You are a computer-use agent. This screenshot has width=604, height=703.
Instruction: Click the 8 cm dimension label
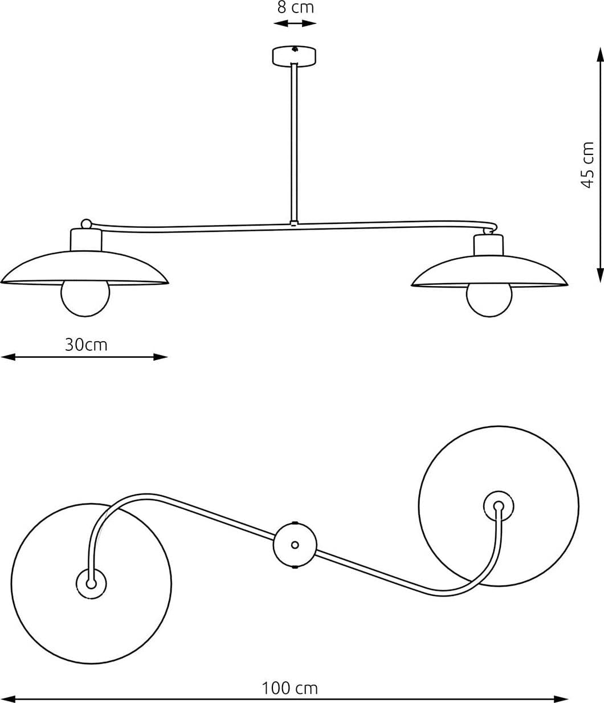[295, 7]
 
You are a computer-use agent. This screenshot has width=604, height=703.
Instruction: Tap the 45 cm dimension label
[587, 165]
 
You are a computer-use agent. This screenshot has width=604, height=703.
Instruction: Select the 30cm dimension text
[86, 345]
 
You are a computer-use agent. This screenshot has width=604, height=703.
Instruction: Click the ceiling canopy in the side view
[294, 56]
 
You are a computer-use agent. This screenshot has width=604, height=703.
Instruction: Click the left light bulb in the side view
[85, 300]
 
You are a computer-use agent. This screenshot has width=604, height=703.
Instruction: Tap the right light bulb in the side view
[489, 301]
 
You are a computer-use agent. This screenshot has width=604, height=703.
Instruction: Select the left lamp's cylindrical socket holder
[86, 240]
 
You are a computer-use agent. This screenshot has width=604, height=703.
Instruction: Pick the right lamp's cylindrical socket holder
[489, 245]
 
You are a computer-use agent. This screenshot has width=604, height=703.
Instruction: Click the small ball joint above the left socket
[87, 224]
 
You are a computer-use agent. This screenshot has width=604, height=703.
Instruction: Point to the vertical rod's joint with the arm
[294, 223]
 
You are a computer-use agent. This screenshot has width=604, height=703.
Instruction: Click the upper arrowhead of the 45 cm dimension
[600, 55]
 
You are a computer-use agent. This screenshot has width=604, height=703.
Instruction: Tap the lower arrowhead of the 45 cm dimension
[600, 275]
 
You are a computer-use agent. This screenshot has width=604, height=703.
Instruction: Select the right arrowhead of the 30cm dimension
[160, 357]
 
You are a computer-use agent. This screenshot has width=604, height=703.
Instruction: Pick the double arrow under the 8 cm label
[295, 23]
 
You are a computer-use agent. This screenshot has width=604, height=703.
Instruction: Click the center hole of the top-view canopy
[295, 545]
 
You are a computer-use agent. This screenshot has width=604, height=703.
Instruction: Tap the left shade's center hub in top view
[91, 584]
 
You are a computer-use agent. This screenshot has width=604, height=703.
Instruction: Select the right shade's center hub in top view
[499, 506]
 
